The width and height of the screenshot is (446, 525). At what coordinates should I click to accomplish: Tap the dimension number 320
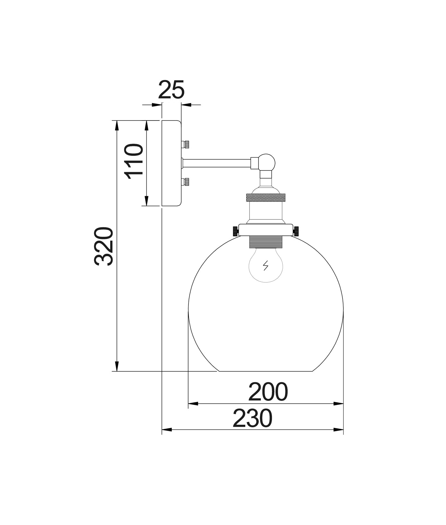coord(103,246)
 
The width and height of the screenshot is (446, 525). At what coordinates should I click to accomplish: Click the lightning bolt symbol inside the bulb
coord(265,265)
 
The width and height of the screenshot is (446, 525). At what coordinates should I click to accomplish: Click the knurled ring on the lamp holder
coord(265,197)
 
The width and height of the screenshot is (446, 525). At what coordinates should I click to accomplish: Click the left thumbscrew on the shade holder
coord(235,231)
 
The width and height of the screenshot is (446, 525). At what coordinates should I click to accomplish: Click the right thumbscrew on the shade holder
coord(296,231)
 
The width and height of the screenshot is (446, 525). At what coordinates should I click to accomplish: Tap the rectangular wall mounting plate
coord(171,163)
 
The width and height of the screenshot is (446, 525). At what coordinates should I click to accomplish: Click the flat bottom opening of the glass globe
coord(265,371)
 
